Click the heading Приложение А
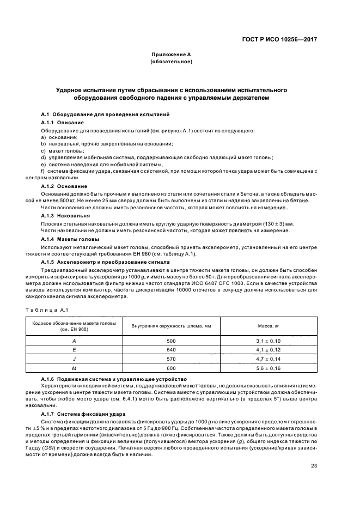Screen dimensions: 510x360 click(x=170, y=55)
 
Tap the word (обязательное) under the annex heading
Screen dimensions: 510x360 click(x=170, y=62)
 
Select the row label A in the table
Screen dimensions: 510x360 click(x=74, y=340)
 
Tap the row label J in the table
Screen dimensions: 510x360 click(x=74, y=359)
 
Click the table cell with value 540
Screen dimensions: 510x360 click(x=170, y=350)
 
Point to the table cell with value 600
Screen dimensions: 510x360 click(x=170, y=369)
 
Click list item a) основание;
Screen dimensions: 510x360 click(x=59, y=137)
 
